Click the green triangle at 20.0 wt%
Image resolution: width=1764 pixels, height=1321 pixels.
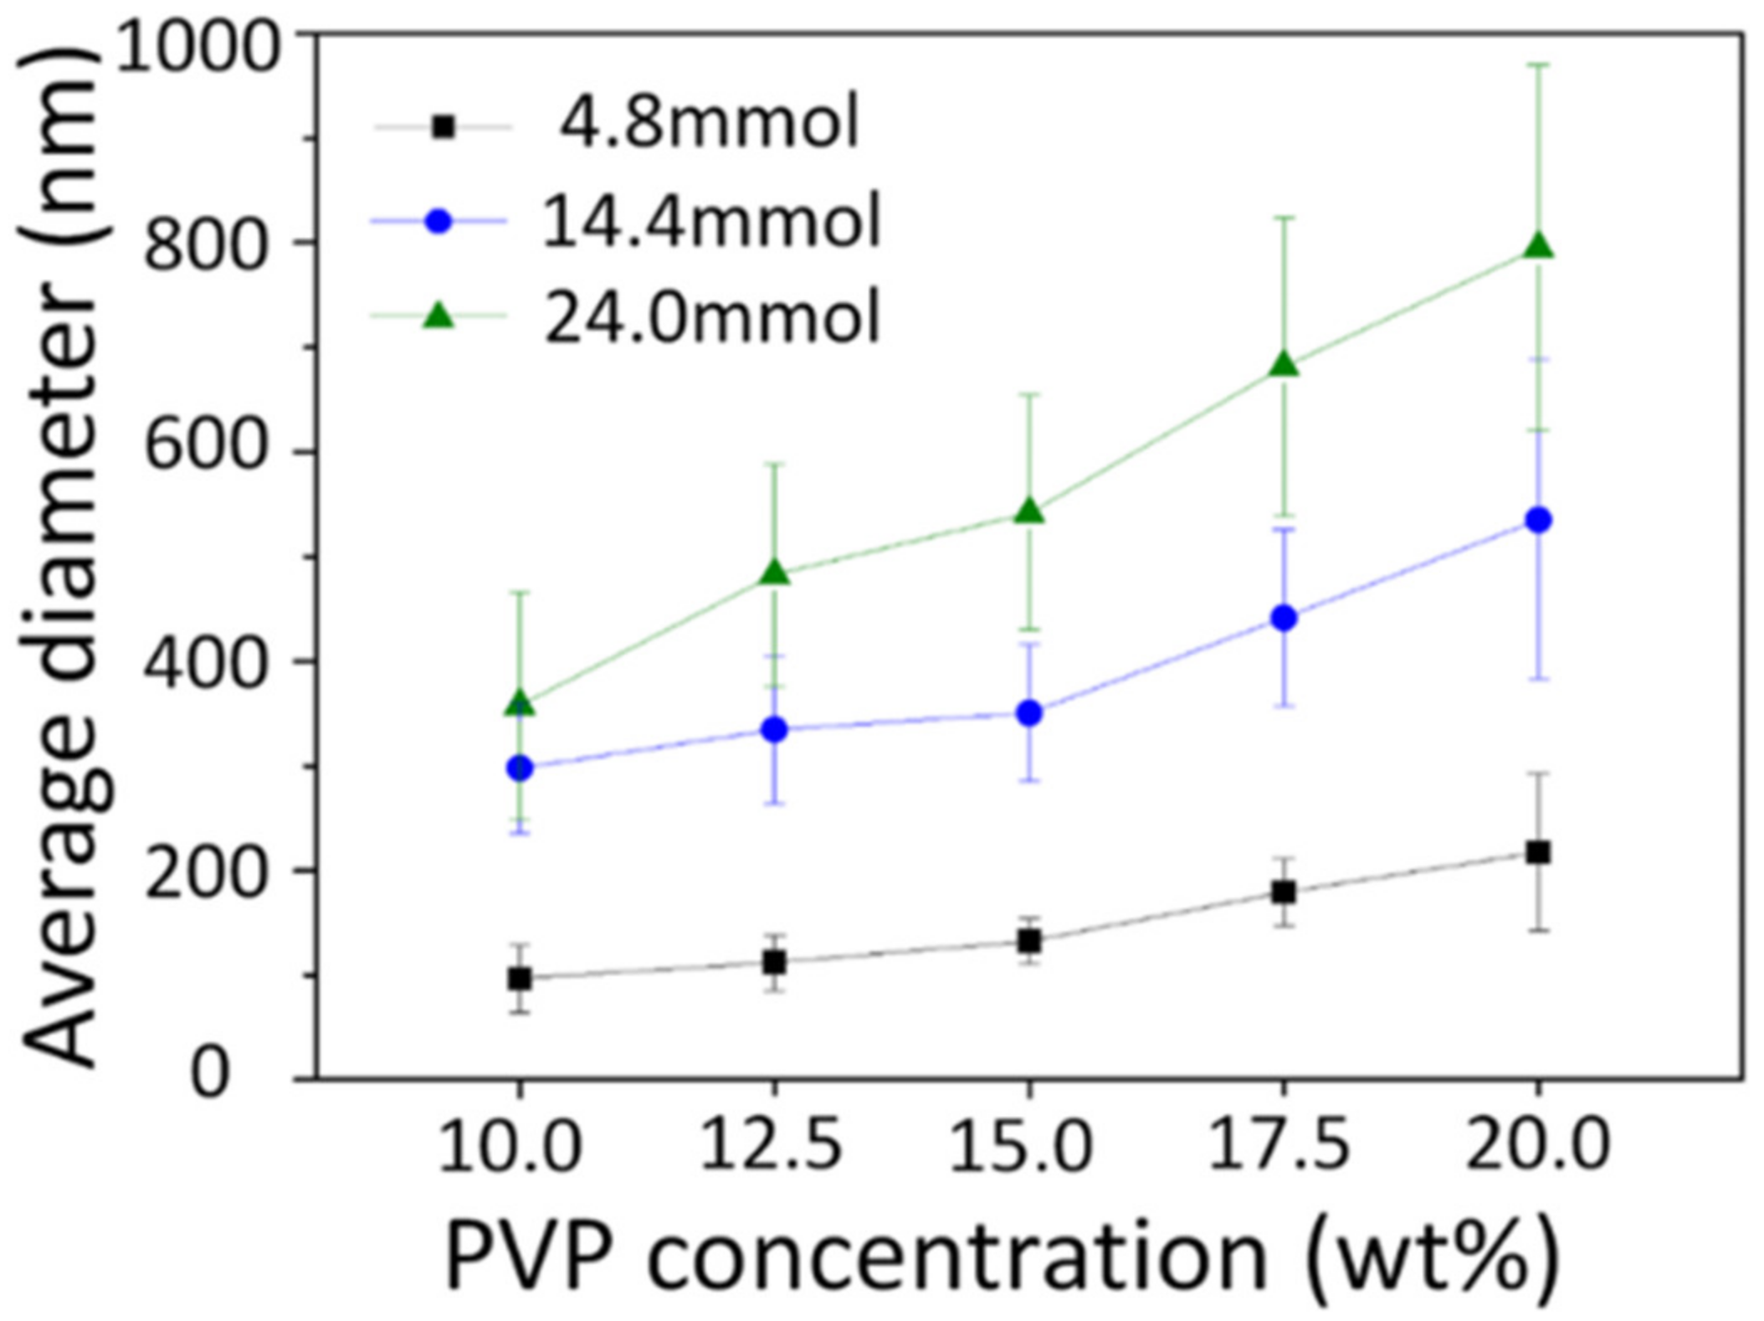click(x=1538, y=247)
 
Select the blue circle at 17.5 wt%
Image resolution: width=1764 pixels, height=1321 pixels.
click(x=1284, y=619)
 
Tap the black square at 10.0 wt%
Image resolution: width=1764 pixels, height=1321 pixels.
click(x=520, y=978)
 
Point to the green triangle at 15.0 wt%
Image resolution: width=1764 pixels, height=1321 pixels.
click(x=1029, y=511)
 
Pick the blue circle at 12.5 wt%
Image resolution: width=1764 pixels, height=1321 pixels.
click(x=775, y=729)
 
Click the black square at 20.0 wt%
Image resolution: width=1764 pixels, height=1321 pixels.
click(x=1538, y=853)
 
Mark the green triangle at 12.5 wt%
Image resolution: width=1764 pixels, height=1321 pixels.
click(x=775, y=573)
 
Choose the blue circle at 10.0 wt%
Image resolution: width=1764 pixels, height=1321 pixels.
click(x=520, y=768)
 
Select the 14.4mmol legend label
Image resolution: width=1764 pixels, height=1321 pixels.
click(x=711, y=221)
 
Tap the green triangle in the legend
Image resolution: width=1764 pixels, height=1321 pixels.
click(x=439, y=316)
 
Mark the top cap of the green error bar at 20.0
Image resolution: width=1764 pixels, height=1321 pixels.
click(x=1538, y=64)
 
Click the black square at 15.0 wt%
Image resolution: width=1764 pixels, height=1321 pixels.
click(x=1029, y=941)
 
